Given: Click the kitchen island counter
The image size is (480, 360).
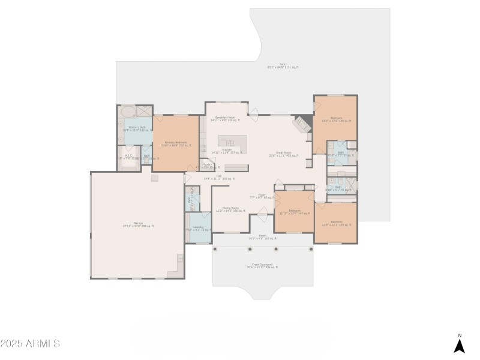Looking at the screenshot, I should point(233,143).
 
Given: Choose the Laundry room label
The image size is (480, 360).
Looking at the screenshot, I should point(199,229).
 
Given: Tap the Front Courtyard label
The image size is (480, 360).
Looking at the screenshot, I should point(262,265).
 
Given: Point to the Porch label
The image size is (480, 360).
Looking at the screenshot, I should point(262,237).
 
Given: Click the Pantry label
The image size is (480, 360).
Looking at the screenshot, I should point(207,165).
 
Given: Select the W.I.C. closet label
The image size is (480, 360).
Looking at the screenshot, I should point(128,157).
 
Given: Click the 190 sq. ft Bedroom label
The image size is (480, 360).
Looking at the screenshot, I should point(336,119).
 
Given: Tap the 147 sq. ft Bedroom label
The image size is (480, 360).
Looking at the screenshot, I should point(294,212).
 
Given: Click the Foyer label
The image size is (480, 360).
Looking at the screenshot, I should point(262,196).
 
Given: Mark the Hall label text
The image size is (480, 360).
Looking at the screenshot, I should point(219,177).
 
